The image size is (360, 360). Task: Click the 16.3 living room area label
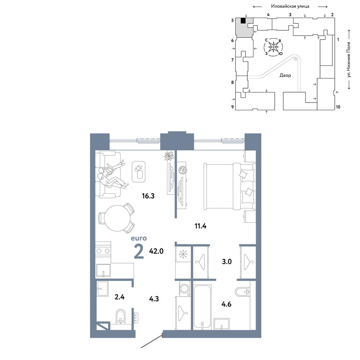[x=148, y=196]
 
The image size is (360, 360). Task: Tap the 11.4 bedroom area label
[x=201, y=226]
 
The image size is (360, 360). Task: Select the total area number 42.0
[x=156, y=251]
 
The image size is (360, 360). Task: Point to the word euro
[x=139, y=238]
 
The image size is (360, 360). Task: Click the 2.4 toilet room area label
[x=120, y=297]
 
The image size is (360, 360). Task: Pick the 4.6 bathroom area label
[x=226, y=304]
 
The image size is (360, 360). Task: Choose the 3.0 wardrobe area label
[x=226, y=261]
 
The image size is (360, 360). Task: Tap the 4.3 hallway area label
[x=154, y=299]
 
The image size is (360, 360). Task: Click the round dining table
[x=117, y=219]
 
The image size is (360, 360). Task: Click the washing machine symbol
[x=184, y=288]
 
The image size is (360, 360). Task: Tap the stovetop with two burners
[x=103, y=251]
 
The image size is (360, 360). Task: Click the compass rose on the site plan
[x=274, y=47]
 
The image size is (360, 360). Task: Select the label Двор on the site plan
[x=285, y=75]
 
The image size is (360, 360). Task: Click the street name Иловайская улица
[x=290, y=6]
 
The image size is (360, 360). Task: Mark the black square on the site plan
[x=243, y=21]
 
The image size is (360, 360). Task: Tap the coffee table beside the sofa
[x=139, y=172]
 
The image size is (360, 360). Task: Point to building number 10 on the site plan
[x=338, y=107]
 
